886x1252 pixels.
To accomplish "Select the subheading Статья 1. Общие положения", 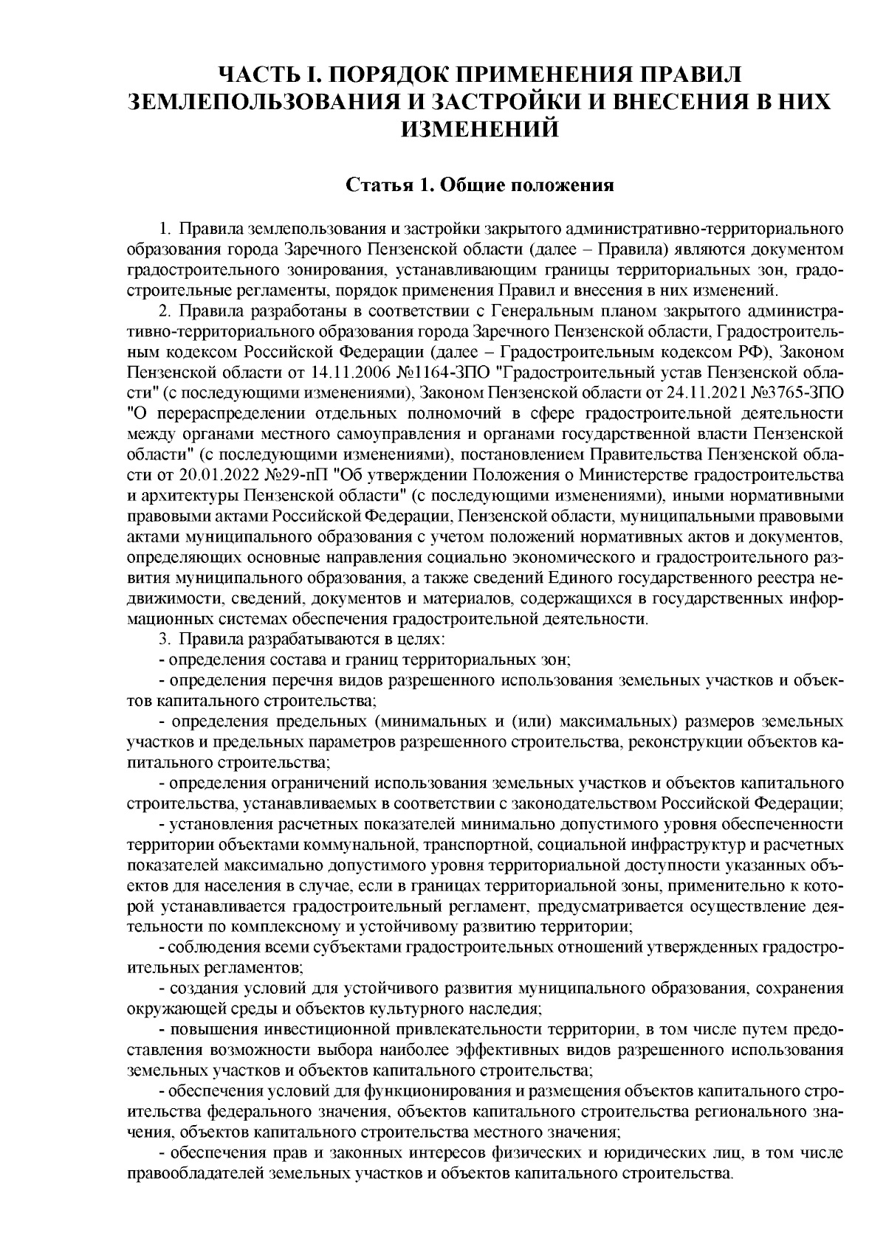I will click(481, 184).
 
